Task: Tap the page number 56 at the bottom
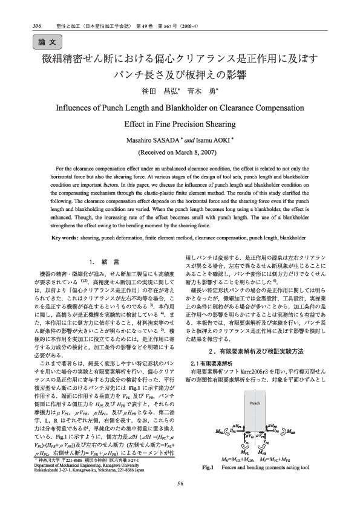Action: coord(180,500)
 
